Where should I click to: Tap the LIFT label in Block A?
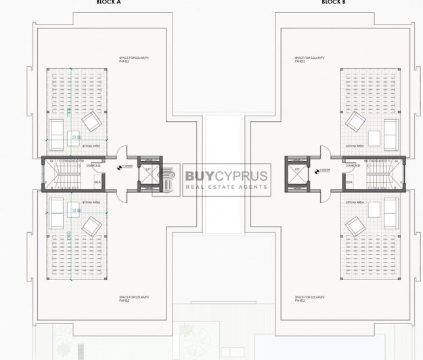(148, 169)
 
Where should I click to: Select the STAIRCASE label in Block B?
(352, 165)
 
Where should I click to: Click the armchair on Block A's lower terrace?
(91, 225)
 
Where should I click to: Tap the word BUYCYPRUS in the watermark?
(226, 177)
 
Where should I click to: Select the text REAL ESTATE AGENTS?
(226, 189)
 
